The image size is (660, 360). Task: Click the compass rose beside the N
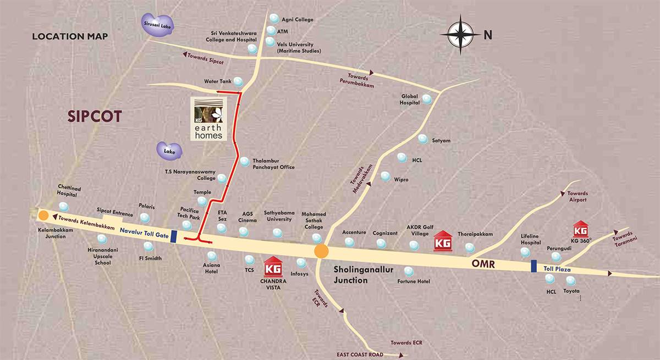(460, 35)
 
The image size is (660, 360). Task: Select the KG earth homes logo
(208, 119)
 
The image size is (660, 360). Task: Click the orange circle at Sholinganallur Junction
(321, 252)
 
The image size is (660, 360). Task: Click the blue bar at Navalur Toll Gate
(174, 237)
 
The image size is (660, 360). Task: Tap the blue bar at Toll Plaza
(533, 267)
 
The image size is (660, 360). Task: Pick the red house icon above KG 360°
(581, 229)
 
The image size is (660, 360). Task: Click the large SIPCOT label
(94, 117)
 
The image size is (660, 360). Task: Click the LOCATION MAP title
(70, 37)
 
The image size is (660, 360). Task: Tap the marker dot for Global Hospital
(427, 99)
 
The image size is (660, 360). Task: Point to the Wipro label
(401, 180)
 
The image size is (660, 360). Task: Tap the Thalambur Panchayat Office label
(273, 164)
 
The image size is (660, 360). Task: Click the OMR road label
(483, 264)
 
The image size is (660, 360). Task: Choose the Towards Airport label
(578, 196)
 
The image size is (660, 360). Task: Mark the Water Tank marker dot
(238, 82)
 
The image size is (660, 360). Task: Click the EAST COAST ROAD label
(360, 355)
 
